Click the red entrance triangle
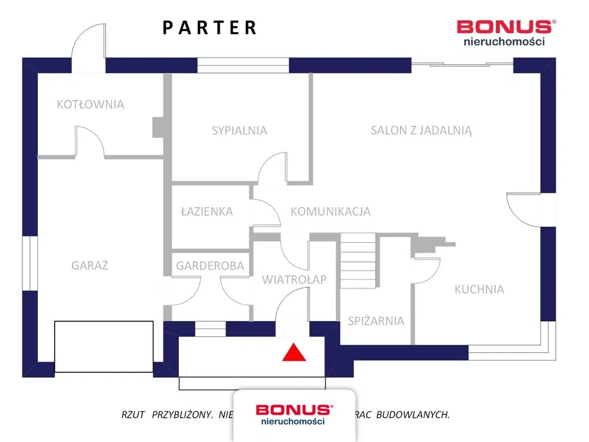[293, 352]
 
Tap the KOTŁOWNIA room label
[90, 104]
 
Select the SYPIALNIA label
[239, 130]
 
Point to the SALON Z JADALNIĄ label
[421, 130]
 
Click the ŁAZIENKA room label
[206, 211]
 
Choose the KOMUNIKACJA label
[330, 211]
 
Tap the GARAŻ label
[90, 265]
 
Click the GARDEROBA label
[210, 266]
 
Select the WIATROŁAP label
[294, 280]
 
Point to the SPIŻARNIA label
[376, 321]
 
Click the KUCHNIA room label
[479, 289]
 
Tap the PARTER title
[209, 28]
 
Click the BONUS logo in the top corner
[506, 32]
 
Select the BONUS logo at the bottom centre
[294, 413]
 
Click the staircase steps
[357, 260]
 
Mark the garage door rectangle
[104, 346]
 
